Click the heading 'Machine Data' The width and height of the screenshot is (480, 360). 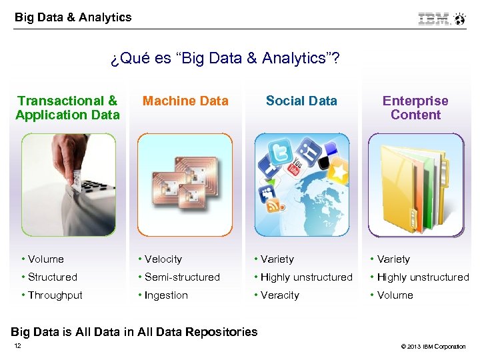point(185,101)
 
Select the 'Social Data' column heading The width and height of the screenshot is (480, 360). point(301,101)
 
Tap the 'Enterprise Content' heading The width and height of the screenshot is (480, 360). point(415,108)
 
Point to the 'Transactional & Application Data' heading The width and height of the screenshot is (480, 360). point(67,108)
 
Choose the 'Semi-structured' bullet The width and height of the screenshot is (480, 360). point(181,277)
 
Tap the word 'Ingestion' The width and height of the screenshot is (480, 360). point(166,295)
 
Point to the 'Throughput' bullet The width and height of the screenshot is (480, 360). point(55,295)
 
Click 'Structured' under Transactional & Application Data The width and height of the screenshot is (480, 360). point(52,277)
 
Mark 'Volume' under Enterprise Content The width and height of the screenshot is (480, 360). point(395,295)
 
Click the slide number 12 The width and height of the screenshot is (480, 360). point(17,345)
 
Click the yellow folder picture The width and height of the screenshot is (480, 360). point(415,185)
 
